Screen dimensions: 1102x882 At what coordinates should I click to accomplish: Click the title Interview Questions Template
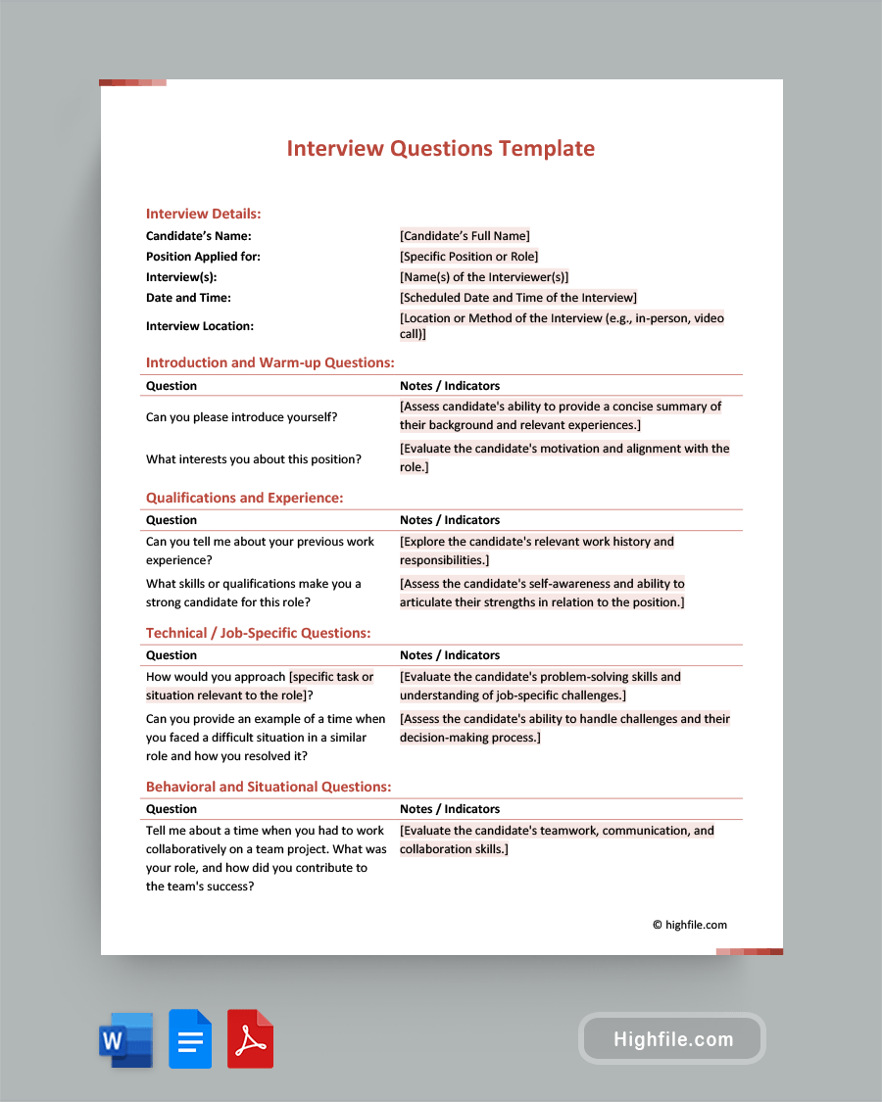click(x=440, y=149)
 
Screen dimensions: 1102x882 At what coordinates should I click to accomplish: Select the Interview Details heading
click(x=203, y=214)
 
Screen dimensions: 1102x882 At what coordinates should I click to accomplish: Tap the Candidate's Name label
click(x=198, y=236)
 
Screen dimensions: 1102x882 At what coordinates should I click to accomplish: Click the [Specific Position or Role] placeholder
click(x=468, y=257)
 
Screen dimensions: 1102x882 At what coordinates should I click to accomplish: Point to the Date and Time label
click(x=188, y=298)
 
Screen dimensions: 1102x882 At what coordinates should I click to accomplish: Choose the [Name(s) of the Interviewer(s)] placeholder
click(x=483, y=277)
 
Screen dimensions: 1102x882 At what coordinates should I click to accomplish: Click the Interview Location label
click(x=199, y=326)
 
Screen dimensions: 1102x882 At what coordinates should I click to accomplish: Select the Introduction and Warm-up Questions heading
click(x=269, y=362)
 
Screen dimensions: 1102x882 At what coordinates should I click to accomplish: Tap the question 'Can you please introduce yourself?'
click(x=241, y=417)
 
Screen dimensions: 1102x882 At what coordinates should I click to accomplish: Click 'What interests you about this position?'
click(x=253, y=459)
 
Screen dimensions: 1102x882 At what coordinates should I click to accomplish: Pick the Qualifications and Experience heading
click(x=244, y=498)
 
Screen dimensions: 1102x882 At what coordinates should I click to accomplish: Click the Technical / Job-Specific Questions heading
click(x=258, y=633)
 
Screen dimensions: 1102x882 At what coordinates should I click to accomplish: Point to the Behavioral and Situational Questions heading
click(x=269, y=787)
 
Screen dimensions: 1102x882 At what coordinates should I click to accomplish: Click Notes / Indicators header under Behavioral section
click(x=449, y=809)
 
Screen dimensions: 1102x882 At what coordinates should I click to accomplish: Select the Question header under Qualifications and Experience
click(x=171, y=520)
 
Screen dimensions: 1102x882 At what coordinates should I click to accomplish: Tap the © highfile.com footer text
click(x=690, y=925)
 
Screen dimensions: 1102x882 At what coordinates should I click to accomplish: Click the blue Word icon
click(x=125, y=1039)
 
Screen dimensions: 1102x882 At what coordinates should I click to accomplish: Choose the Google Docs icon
click(x=190, y=1039)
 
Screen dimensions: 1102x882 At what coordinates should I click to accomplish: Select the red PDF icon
click(x=250, y=1039)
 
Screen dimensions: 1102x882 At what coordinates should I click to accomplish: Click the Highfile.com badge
click(x=672, y=1039)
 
